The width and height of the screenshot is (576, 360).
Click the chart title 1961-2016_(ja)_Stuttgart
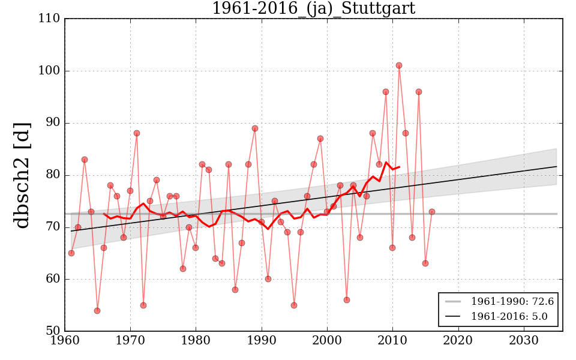(x=313, y=8)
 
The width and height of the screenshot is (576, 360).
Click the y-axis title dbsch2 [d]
(x=22, y=175)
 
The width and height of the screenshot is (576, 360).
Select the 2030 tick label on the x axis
(x=524, y=341)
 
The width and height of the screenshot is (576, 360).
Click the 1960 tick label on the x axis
(x=65, y=341)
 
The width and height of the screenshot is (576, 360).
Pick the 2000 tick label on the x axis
(x=327, y=341)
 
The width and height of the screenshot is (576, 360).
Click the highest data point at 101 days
(x=399, y=65)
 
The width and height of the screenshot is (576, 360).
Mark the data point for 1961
(x=71, y=253)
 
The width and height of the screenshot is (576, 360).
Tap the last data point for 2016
(x=432, y=212)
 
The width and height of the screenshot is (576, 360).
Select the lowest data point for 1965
(x=97, y=311)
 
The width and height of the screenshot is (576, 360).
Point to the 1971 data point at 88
(x=137, y=133)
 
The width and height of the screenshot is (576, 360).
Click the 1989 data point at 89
(x=255, y=128)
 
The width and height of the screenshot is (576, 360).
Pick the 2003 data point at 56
(x=347, y=300)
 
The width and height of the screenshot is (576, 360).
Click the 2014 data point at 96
(x=419, y=92)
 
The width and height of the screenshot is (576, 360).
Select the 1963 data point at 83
(x=85, y=160)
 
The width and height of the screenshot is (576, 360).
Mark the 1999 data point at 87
(x=320, y=139)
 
